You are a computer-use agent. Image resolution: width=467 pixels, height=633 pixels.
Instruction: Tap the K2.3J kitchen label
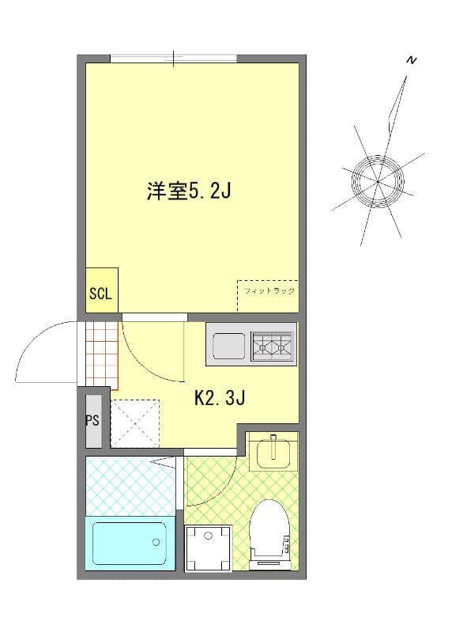[x=220, y=398]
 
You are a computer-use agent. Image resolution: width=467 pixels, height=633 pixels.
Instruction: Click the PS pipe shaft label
[x=92, y=420]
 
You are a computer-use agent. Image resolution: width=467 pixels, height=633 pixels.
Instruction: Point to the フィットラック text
[x=269, y=291]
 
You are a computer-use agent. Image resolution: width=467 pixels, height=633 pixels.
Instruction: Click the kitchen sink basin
[x=229, y=346]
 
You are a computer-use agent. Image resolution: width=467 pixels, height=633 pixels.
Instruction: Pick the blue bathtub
[x=129, y=543]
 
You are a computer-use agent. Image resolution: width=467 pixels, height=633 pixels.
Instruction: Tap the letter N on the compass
[x=411, y=61]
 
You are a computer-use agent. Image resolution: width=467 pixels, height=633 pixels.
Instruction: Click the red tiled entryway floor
[x=100, y=356]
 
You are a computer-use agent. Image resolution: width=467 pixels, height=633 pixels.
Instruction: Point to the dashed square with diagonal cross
[x=134, y=424]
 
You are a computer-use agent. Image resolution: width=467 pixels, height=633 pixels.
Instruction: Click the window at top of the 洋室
[x=174, y=59]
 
